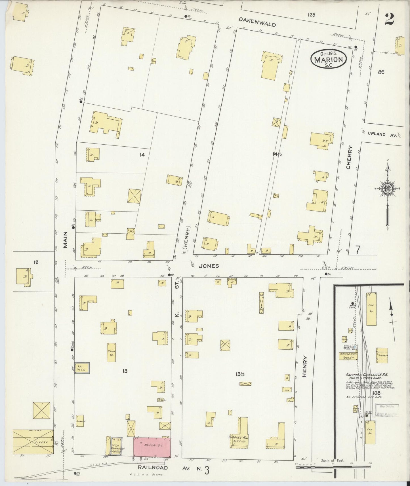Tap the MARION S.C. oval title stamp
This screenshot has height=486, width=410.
[x=329, y=59]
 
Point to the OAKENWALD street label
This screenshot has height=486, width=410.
[x=257, y=22]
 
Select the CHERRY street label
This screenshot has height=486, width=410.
[x=349, y=157]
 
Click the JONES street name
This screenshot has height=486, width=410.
[x=209, y=266]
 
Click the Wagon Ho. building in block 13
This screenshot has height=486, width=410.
[x=111, y=352]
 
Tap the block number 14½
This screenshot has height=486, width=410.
[x=277, y=154]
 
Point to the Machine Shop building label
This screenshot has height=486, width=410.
[x=348, y=354]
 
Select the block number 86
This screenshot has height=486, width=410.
[x=381, y=72]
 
